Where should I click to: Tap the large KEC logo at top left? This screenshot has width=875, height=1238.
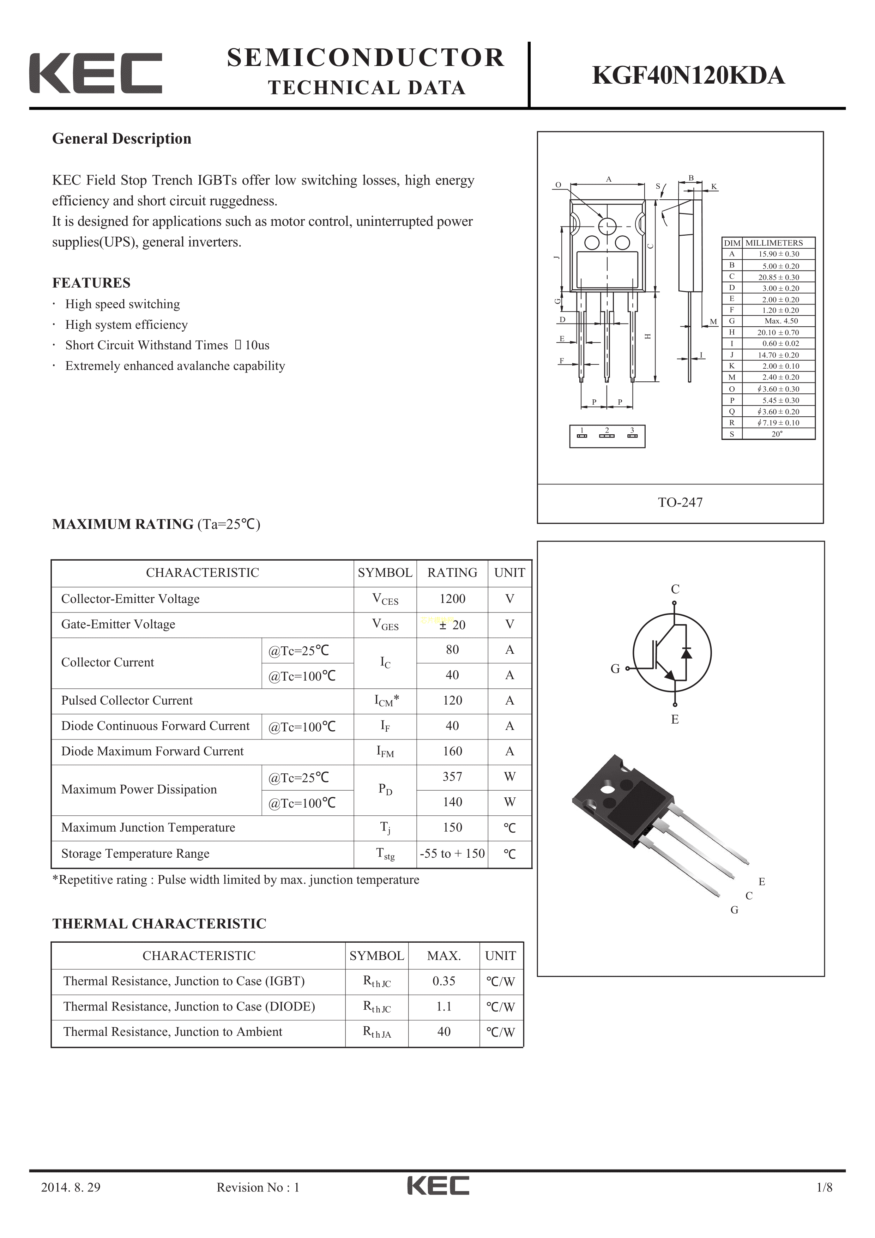tap(96, 73)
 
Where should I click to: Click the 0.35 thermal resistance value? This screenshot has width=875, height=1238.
tap(444, 981)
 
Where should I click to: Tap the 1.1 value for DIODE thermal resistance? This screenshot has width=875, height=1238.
tap(444, 1006)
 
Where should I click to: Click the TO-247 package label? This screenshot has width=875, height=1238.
tap(680, 502)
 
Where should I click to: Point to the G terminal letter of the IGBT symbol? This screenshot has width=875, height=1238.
tap(615, 669)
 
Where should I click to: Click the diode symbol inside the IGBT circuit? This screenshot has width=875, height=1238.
tap(686, 653)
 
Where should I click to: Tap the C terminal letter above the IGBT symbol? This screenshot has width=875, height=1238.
tap(675, 589)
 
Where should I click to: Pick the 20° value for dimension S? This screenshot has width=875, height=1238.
tap(777, 434)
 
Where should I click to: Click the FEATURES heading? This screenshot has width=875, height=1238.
tap(91, 283)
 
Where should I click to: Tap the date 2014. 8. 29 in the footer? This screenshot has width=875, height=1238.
tap(71, 1202)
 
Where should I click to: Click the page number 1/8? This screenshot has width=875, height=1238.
tap(824, 1202)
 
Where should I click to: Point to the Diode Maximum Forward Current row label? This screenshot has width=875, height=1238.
tap(152, 751)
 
